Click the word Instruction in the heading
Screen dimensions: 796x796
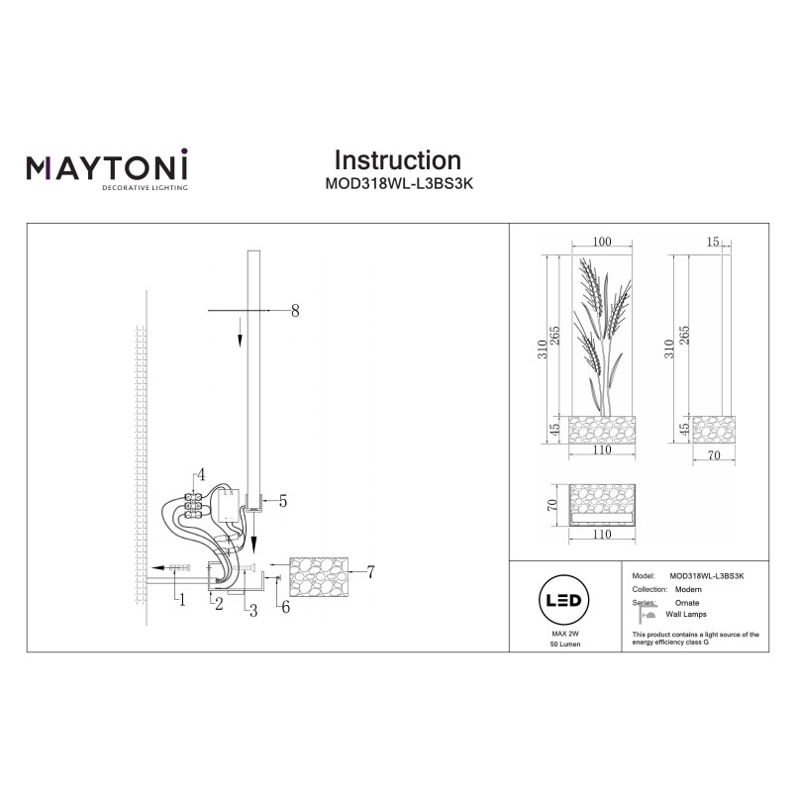(x=397, y=160)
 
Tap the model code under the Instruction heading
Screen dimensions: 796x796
(x=399, y=183)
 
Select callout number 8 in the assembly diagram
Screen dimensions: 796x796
(x=295, y=311)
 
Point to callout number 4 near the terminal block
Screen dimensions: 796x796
(x=201, y=475)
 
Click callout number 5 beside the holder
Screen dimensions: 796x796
(x=283, y=501)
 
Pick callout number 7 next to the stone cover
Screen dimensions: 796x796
(x=370, y=572)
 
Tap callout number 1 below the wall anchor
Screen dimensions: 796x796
(x=182, y=600)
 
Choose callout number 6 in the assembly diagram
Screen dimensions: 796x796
(x=286, y=607)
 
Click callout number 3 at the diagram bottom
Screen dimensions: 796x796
(x=253, y=611)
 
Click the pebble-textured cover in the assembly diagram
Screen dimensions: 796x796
(x=319, y=576)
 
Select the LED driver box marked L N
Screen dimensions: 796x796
(x=228, y=505)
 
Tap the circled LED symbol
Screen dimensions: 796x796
(x=563, y=601)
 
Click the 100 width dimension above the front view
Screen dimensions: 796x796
(x=602, y=242)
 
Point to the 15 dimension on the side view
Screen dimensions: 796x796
(x=713, y=242)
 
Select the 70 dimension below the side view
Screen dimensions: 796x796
(x=714, y=455)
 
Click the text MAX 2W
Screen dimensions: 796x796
(x=565, y=634)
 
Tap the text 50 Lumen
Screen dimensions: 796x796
(x=565, y=645)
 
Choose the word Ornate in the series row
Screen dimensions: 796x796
(x=687, y=603)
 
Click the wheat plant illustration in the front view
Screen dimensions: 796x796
(x=603, y=336)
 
